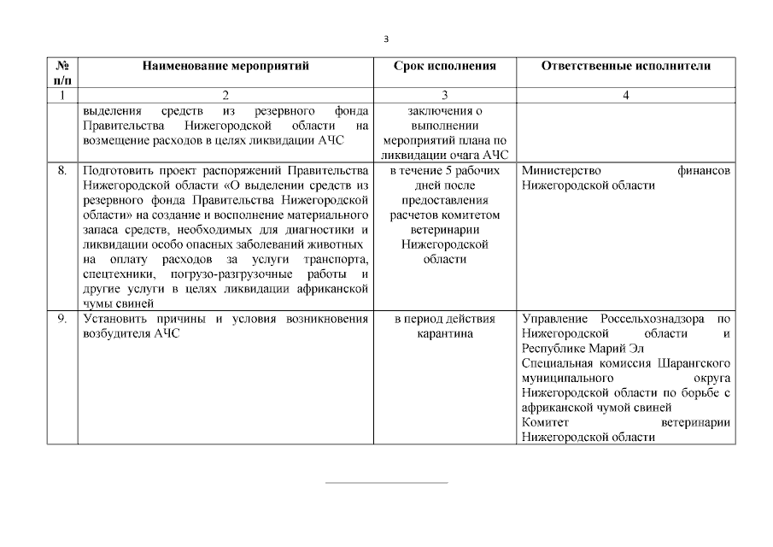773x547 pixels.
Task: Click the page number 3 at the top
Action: (x=386, y=38)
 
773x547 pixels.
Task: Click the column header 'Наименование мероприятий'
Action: (x=225, y=65)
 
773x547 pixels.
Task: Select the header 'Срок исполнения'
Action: (x=444, y=65)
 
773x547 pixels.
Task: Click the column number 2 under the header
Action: (x=225, y=95)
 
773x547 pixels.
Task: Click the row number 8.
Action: (x=61, y=171)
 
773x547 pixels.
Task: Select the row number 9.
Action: (x=61, y=319)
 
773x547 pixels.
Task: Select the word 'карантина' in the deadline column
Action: (x=444, y=333)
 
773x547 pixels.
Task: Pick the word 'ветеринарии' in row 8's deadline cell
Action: (x=444, y=230)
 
